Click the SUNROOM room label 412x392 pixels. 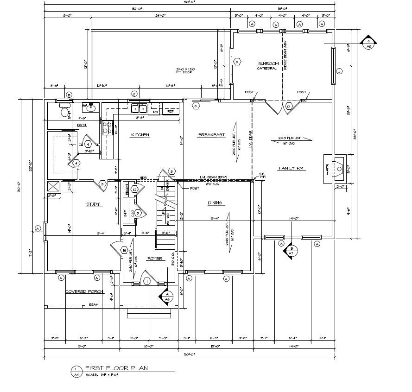pos(267,63)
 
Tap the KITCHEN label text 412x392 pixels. pos(140,135)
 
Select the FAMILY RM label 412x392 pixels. pos(291,168)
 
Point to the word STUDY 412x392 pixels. pos(93,204)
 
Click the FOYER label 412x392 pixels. pos(154,259)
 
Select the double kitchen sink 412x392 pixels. pos(139,109)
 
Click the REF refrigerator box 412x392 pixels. pos(170,112)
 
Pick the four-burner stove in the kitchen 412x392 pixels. pos(107,127)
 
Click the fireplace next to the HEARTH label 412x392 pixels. pos(337,166)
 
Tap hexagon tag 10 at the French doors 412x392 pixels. pos(288,107)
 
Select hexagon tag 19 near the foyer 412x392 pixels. pos(124,250)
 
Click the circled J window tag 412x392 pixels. pos(339,71)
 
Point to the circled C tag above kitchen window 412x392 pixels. pos(134,93)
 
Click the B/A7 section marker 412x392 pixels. pos(291,251)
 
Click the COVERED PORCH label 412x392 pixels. pos(84,292)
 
